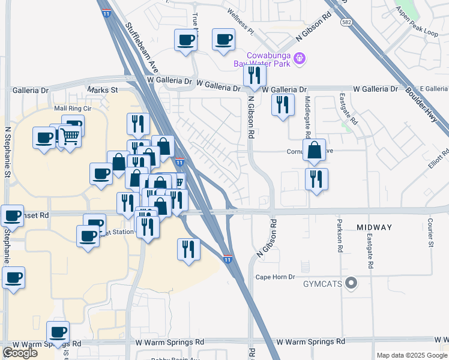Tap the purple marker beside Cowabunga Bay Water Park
(301, 59)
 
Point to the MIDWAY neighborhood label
(374, 227)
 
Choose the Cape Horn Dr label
(276, 277)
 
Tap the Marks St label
(103, 90)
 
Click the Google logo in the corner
(20, 353)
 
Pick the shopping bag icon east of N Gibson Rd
(314, 150)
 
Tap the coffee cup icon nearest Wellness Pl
(223, 40)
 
